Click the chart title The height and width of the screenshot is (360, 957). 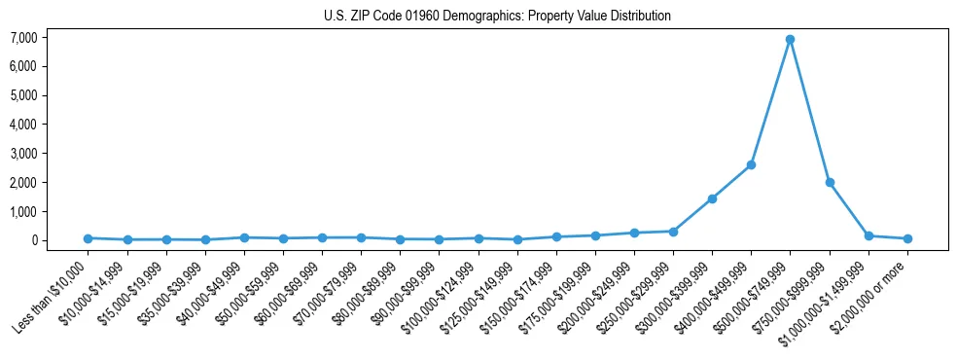pos(497,17)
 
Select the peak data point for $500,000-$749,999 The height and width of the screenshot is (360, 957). pos(791,39)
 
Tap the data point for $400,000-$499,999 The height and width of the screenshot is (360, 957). pos(751,164)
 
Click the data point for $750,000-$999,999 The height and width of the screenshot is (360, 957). pos(830,182)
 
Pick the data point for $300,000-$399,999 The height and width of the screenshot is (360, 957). pos(712,198)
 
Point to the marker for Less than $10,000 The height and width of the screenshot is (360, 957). pos(88,238)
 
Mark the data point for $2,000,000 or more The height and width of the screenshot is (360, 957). pos(907,238)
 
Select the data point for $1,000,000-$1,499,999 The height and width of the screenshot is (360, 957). pos(868,235)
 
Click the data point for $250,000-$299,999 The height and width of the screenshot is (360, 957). pos(673,232)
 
